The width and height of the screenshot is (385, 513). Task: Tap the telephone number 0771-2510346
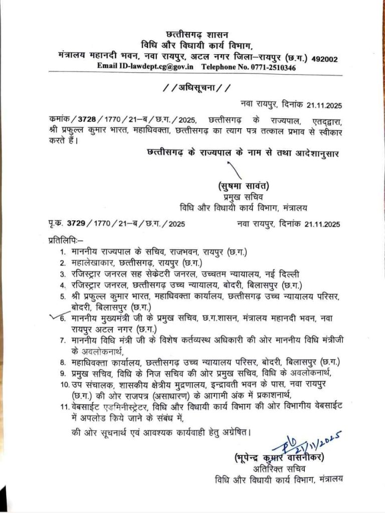click(270, 67)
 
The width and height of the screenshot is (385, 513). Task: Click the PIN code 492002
click(324, 59)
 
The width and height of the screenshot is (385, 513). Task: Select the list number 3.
click(63, 274)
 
